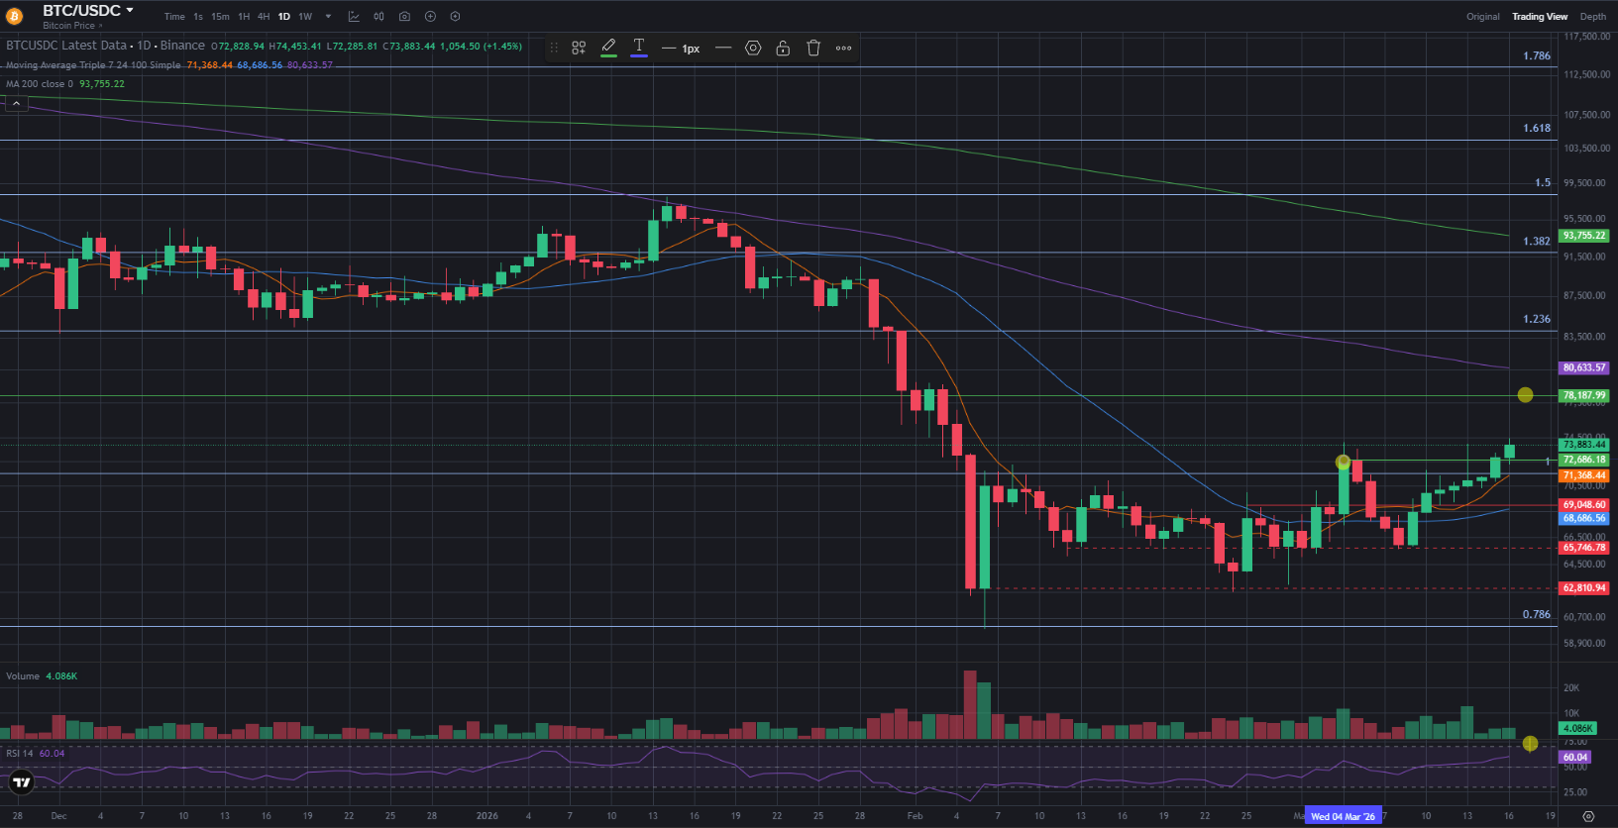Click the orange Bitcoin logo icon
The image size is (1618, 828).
pyautogui.click(x=14, y=16)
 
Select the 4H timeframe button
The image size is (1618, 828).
pyautogui.click(x=264, y=17)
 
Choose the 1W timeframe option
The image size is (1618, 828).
pyautogui.click(x=305, y=17)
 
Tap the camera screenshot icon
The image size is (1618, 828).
pyautogui.click(x=404, y=17)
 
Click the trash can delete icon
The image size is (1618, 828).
pyautogui.click(x=813, y=48)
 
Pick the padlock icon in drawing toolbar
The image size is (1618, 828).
pyautogui.click(x=783, y=48)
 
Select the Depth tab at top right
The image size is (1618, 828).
pyautogui.click(x=1593, y=17)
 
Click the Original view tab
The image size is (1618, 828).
pyautogui.click(x=1483, y=17)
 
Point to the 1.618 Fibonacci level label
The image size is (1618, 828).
pyautogui.click(x=1537, y=129)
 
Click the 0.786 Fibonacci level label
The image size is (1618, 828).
pyautogui.click(x=1537, y=615)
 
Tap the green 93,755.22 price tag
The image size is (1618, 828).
pyautogui.click(x=1583, y=236)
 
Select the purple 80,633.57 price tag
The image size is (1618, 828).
pyautogui.click(x=1583, y=367)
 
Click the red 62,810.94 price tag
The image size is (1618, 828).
pyautogui.click(x=1583, y=588)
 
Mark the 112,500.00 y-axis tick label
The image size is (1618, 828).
pyautogui.click(x=1586, y=74)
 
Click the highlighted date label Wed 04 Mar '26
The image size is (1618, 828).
pyautogui.click(x=1343, y=816)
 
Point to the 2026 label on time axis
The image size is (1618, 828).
pyautogui.click(x=487, y=816)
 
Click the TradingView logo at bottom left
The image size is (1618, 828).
pyautogui.click(x=21, y=782)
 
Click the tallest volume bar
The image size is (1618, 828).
pyautogui.click(x=970, y=705)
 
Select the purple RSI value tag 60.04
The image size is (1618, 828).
pyautogui.click(x=1575, y=757)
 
